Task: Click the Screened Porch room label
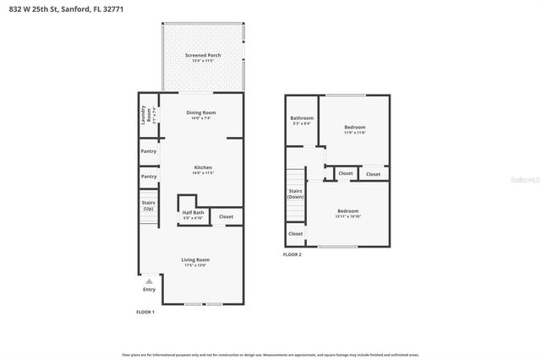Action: pyautogui.click(x=203, y=55)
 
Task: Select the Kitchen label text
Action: pyautogui.click(x=203, y=167)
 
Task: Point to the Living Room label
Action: pyautogui.click(x=196, y=259)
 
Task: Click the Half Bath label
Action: pyautogui.click(x=193, y=213)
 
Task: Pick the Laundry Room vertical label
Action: pyautogui.click(x=145, y=116)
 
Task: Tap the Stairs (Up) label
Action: pyautogui.click(x=148, y=206)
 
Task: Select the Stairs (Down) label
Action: pyautogui.click(x=296, y=194)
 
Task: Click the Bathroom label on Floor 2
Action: pyautogui.click(x=302, y=117)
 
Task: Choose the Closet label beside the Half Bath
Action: pyautogui.click(x=226, y=217)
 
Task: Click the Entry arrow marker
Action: pyautogui.click(x=149, y=281)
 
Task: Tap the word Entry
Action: pyautogui.click(x=149, y=290)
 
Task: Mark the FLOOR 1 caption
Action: pyautogui.click(x=145, y=312)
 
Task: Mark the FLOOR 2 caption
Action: pyautogui.click(x=292, y=254)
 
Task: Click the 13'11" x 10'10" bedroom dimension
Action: pyautogui.click(x=347, y=216)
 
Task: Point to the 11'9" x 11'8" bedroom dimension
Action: pyautogui.click(x=354, y=133)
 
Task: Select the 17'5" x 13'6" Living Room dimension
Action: pyautogui.click(x=196, y=265)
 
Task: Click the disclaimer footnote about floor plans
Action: pyautogui.click(x=270, y=355)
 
